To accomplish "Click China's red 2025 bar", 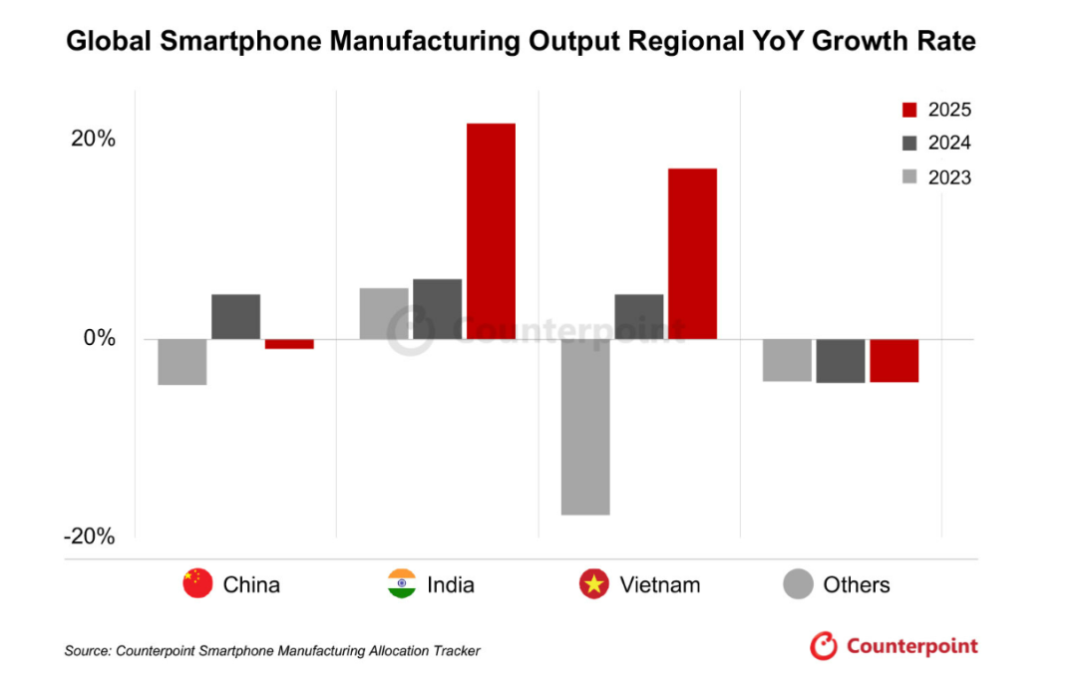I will click(x=289, y=344).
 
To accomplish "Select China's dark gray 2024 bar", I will click(x=235, y=316).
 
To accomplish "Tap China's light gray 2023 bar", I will click(x=182, y=362).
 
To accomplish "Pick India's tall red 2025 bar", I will click(x=491, y=231).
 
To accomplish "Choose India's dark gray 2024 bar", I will click(x=437, y=309).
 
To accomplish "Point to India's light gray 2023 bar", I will click(x=384, y=313).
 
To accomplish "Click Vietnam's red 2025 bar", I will click(x=692, y=253).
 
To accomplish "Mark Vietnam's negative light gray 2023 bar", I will click(x=585, y=427).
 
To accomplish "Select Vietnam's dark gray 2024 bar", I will click(x=639, y=316).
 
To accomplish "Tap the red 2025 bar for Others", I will click(x=894, y=361).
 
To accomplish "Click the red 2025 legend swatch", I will click(x=908, y=110).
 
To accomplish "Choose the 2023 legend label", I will click(x=948, y=177).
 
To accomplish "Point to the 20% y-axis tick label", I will click(x=93, y=139).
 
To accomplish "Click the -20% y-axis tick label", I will click(x=90, y=536).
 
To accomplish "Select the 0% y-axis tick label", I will click(x=99, y=338).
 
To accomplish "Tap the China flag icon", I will click(x=197, y=584).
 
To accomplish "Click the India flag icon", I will click(x=402, y=584).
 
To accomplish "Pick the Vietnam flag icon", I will click(x=594, y=584).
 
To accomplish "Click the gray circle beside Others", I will click(x=799, y=584).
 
